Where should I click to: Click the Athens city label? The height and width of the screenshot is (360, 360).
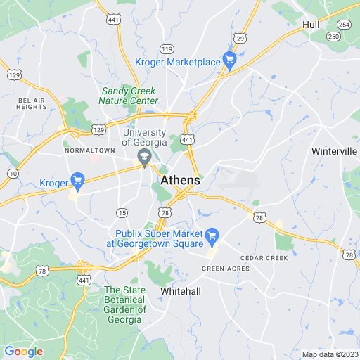coord(180,181)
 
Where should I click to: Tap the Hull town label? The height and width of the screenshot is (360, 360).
coord(311,25)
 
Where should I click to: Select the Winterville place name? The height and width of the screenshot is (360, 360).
coord(335,151)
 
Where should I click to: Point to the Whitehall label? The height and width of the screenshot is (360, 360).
coord(181,290)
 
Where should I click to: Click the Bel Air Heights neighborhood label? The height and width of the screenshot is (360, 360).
coord(32,103)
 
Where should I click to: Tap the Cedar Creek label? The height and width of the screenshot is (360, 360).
coord(264,258)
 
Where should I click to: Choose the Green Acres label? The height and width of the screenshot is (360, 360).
coord(225,269)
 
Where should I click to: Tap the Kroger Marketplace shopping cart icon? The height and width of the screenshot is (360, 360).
coord(229,61)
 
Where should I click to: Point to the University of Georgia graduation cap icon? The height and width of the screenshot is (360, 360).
coord(144,157)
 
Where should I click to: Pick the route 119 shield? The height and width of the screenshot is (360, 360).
coord(167,49)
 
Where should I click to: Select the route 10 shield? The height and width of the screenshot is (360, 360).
coord(13,173)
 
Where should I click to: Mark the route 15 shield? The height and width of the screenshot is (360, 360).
coord(122,212)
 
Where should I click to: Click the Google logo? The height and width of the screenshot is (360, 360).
coord(23,352)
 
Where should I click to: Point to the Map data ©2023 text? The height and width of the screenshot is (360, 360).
coord(329,354)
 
